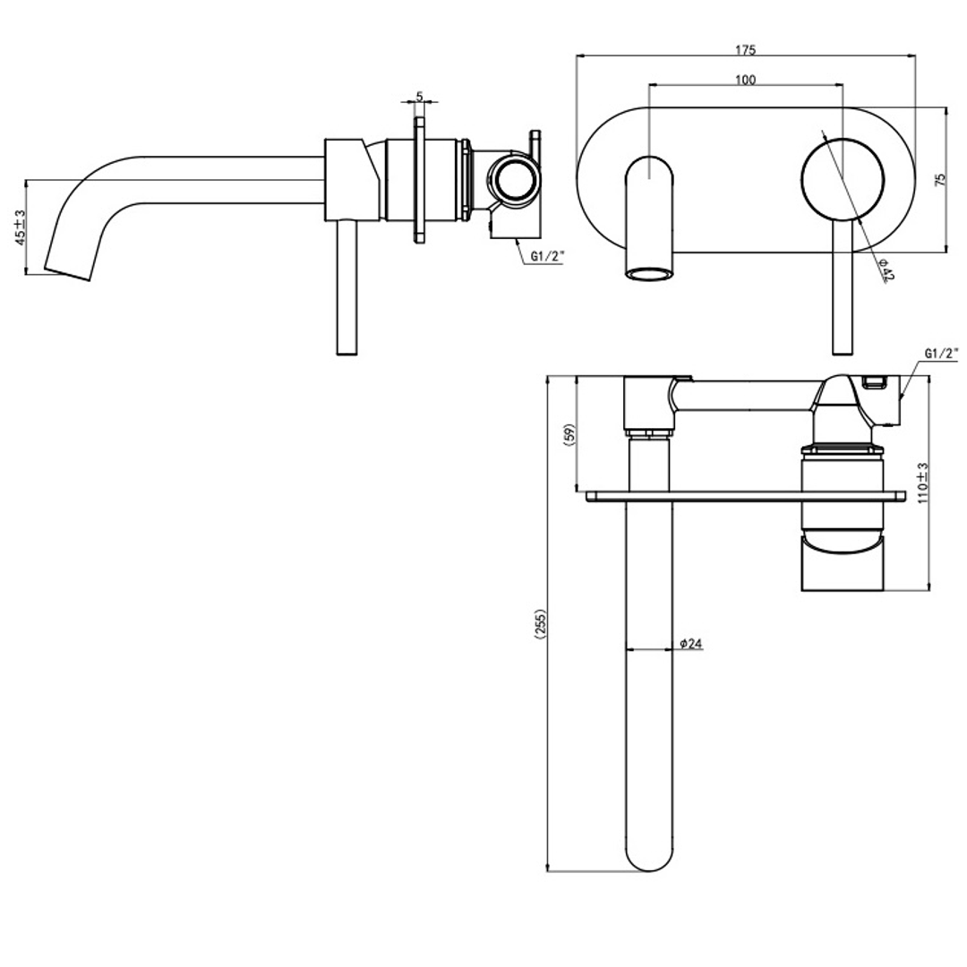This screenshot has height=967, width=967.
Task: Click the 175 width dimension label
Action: coord(744,49)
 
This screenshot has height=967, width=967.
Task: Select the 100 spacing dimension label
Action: coord(744,80)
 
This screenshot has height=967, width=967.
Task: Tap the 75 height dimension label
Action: coord(939,178)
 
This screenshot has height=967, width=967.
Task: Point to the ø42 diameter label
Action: coord(886,270)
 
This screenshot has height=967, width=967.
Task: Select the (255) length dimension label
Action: coord(539,624)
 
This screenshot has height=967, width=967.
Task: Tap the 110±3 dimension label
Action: coord(922,483)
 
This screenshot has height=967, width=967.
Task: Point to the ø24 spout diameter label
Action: coord(690,643)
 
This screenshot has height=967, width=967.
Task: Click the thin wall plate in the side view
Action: coord(418,179)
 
